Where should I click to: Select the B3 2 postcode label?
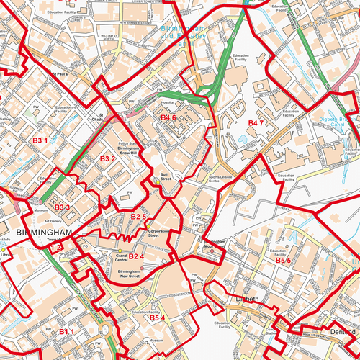pyautogui.click(x=108, y=158)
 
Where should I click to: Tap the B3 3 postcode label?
pyautogui.click(x=62, y=208)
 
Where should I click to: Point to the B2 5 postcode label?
pyautogui.click(x=139, y=217)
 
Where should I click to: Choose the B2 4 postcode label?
pyautogui.click(x=137, y=256)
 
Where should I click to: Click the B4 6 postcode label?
pyautogui.click(x=168, y=117)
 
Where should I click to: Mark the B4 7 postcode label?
pyautogui.click(x=257, y=124)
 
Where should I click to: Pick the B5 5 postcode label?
pyautogui.click(x=283, y=260)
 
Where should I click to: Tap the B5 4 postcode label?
pyautogui.click(x=158, y=318)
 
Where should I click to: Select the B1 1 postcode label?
pyautogui.click(x=67, y=331)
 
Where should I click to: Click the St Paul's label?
pyautogui.click(x=59, y=73)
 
